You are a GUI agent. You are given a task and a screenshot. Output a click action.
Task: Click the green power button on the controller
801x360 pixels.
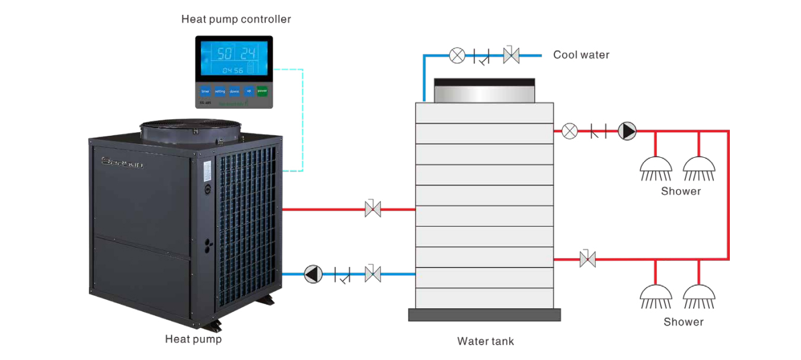tap(262, 91)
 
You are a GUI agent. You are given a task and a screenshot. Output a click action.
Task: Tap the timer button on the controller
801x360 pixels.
tap(205, 91)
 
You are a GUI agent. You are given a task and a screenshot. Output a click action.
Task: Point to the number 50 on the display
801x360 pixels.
tap(224, 54)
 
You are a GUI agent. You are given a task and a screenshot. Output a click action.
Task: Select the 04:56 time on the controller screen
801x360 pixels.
tap(232, 71)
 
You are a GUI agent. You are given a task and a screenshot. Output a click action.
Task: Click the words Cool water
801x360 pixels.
tap(581, 55)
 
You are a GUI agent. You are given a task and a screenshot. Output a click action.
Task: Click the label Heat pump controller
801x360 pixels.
tap(236, 20)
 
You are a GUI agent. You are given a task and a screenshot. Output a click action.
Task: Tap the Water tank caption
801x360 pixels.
tap(485, 341)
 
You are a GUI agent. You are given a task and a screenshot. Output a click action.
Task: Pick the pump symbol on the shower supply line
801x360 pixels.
tap(627, 131)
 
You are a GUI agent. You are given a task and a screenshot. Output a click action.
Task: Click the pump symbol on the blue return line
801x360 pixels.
tap(312, 274)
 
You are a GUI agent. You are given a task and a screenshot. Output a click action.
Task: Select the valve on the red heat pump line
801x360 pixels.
tap(373, 209)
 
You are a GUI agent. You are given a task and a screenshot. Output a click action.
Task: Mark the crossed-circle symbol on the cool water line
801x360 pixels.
tap(457, 56)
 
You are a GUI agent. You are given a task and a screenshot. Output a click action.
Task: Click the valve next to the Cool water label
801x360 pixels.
tap(510, 56)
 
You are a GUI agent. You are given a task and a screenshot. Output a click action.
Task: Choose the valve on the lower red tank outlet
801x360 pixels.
tap(588, 259)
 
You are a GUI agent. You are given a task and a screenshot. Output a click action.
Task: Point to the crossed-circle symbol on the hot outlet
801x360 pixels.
tap(569, 131)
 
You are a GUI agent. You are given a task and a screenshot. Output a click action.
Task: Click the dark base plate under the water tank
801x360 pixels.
tap(484, 315)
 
